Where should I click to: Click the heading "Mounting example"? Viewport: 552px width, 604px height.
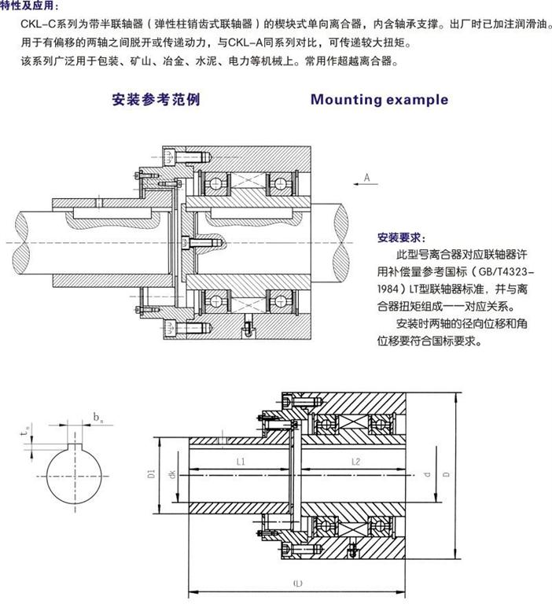point(379,100)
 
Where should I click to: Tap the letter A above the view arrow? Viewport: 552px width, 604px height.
point(366,179)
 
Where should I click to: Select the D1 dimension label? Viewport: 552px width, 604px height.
point(149,474)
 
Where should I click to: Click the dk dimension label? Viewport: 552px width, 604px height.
point(171,474)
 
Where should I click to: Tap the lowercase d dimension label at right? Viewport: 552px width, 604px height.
point(426,474)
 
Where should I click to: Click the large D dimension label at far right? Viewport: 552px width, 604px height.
point(446,474)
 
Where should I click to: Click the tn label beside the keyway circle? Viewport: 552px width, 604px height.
point(26,429)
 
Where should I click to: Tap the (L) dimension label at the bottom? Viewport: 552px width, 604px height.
point(297,584)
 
